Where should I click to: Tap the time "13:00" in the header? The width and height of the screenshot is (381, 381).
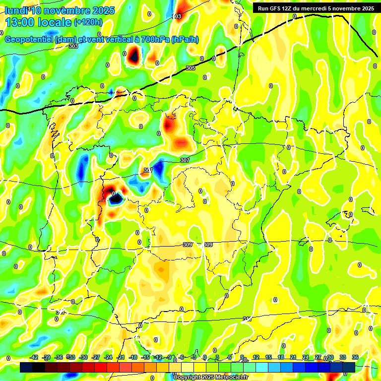coord(20,22)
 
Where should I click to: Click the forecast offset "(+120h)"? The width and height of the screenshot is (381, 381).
coord(88,22)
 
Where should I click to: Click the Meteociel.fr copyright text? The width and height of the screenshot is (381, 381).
coord(210,378)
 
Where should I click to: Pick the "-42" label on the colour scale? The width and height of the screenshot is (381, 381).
coord(34,357)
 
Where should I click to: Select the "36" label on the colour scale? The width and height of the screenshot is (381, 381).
coord(355,357)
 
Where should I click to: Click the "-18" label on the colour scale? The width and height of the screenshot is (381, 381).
coord(133,357)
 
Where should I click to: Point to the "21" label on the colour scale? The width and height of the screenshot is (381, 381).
coord(293,357)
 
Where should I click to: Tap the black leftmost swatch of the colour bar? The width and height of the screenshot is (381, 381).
coord(26,367)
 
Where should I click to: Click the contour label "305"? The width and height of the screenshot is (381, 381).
coord(190,68)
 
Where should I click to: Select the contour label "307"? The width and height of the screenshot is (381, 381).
coord(185,160)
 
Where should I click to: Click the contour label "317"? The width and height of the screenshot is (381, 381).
coord(147,170)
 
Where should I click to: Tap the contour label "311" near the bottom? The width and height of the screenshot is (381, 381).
coord(247,318)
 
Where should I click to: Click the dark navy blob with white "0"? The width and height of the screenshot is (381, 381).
coord(116,198)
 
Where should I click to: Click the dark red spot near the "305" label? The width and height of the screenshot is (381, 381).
coord(133,55)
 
